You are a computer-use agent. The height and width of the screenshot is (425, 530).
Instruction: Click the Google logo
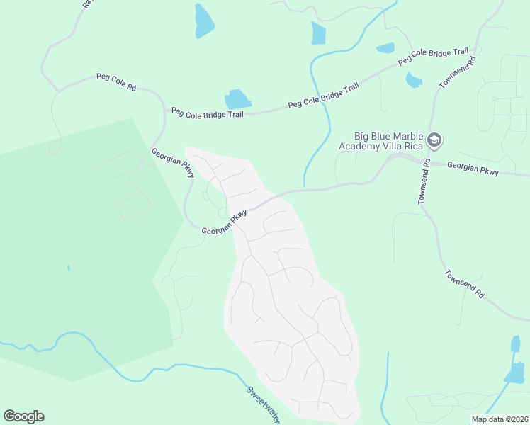click(x=23, y=416)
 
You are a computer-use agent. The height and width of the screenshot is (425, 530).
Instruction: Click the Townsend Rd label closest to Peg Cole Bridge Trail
click(x=456, y=73)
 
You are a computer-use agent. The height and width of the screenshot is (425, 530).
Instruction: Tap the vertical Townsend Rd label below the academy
click(x=424, y=181)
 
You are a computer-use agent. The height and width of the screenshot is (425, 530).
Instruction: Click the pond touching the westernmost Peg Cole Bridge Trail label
click(x=237, y=99)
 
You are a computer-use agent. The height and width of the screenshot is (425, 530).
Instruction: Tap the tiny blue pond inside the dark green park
click(x=69, y=268)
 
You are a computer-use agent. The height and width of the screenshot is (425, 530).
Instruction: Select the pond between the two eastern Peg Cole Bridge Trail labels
click(x=385, y=48)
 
